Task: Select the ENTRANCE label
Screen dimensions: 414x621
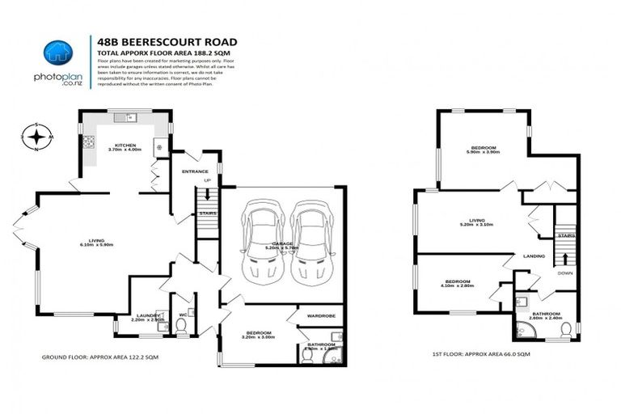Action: pos(195,171)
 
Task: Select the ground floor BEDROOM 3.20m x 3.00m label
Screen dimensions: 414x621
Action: pos(260,335)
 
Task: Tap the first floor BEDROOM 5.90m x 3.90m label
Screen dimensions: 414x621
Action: pos(483,150)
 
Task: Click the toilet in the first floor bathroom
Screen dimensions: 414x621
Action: pos(567,327)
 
